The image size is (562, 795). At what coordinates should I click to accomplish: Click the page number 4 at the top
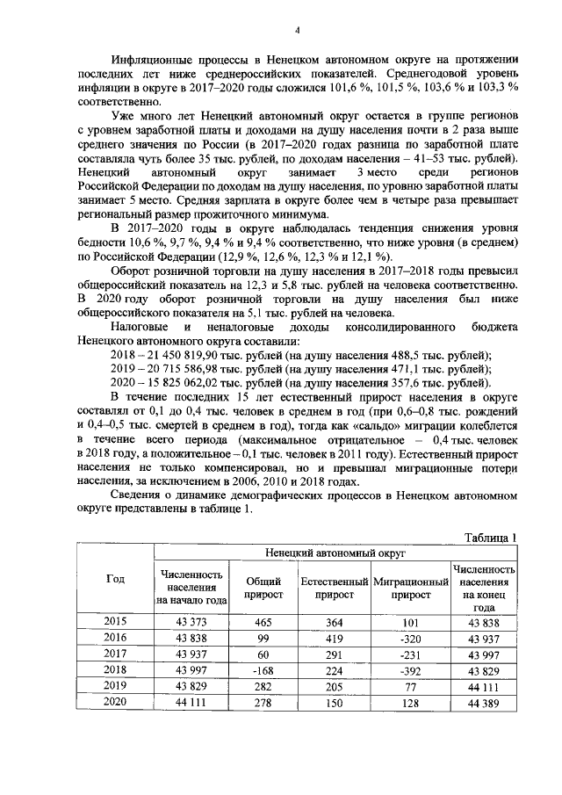click(x=297, y=31)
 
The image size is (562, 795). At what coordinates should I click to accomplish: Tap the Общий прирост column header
click(x=263, y=588)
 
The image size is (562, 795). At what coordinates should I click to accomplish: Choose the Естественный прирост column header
click(x=334, y=588)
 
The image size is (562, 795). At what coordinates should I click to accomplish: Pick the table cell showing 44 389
click(x=484, y=703)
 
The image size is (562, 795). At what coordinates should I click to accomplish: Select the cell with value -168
click(x=263, y=670)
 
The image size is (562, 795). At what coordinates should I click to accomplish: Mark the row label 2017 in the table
click(x=115, y=654)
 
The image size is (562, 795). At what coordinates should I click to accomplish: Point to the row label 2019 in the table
click(x=115, y=686)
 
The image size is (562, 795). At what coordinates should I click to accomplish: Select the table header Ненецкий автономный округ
click(x=335, y=554)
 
